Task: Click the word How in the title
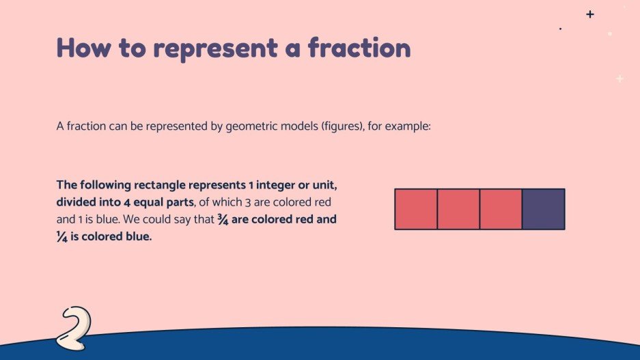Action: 81,48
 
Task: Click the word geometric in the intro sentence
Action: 248,126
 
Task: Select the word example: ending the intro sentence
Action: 409,126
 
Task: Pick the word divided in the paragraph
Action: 76,203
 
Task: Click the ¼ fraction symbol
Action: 62,238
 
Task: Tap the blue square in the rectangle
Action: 544,209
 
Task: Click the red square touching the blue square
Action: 501,209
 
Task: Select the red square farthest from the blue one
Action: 416,209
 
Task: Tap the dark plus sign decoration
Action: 590,14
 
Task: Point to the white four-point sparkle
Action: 620,79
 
